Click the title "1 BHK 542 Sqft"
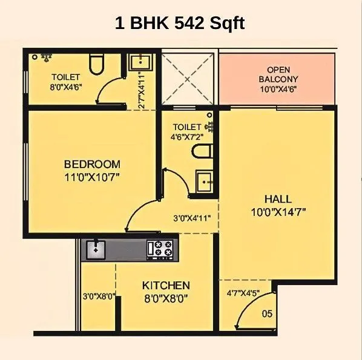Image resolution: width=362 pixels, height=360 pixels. (x=180, y=25)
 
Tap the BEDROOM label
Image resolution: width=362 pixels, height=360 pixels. (x=92, y=164)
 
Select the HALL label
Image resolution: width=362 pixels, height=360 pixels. (x=278, y=199)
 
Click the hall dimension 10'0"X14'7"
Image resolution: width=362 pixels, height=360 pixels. (x=278, y=212)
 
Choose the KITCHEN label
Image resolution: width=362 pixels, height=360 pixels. (x=166, y=285)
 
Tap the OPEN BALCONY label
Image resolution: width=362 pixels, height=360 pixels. (x=278, y=74)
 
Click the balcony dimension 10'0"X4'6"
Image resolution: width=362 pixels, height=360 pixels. (x=278, y=90)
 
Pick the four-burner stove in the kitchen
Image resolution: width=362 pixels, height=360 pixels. (x=162, y=248)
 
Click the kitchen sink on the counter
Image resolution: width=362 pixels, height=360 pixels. (x=96, y=247)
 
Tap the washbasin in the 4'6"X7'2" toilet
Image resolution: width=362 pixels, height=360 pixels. (x=203, y=181)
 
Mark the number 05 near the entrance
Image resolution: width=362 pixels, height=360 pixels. (x=267, y=313)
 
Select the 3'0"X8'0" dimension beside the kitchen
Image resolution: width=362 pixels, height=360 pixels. (x=99, y=296)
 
